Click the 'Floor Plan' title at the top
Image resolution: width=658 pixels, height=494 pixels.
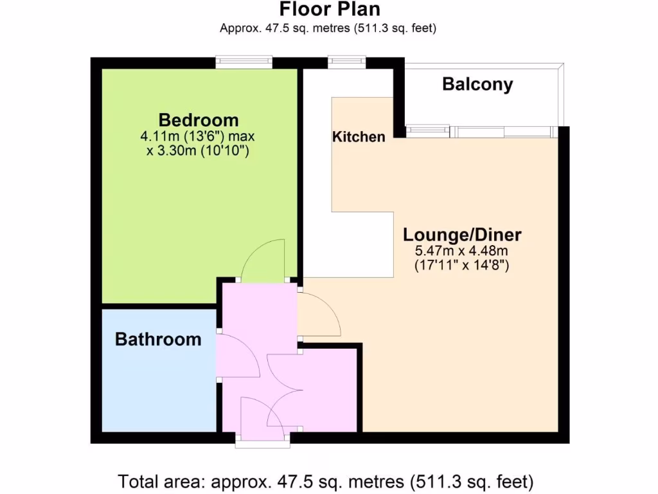(329, 10)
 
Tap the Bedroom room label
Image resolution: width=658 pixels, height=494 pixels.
(199, 120)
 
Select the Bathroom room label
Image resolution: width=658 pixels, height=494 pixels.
(158, 339)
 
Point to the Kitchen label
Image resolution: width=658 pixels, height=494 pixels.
(359, 136)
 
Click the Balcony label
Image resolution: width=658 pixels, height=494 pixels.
(477, 84)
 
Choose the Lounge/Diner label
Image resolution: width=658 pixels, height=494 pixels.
(462, 234)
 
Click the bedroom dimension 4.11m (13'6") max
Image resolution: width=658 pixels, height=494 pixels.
(199, 137)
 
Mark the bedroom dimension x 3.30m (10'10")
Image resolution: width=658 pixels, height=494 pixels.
(199, 151)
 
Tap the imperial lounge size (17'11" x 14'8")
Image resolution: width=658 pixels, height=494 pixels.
(462, 264)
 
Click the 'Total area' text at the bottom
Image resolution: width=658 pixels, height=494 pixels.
(326, 480)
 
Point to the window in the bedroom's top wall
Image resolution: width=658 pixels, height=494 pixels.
(244, 62)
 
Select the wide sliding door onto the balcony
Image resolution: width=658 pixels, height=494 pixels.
(502, 131)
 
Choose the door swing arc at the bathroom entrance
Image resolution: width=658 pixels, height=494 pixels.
(239, 357)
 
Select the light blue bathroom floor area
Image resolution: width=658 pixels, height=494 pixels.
(158, 386)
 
